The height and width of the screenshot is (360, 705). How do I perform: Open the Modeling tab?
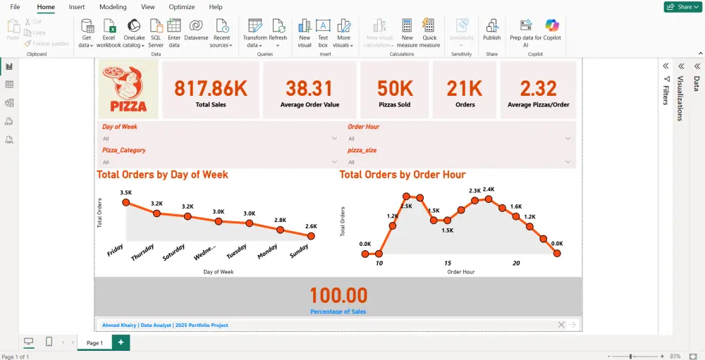coord(113,7)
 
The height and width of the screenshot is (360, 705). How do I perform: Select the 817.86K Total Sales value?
coord(211,88)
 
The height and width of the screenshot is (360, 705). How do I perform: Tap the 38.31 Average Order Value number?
coord(309,88)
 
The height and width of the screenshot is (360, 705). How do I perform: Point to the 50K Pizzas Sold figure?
coord(395,88)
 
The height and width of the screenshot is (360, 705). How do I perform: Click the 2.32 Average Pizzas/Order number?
coord(539,88)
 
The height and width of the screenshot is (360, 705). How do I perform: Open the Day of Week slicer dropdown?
coord(334,139)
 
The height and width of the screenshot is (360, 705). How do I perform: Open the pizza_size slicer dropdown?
coord(568,162)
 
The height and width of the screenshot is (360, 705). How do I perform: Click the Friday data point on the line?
coord(126,203)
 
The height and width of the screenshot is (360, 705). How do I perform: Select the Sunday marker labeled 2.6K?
coord(311,236)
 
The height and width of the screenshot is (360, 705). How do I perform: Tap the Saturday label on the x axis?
coord(173,252)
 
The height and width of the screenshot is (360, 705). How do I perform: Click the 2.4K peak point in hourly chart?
coord(489,199)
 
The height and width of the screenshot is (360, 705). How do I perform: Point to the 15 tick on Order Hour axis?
coord(448,263)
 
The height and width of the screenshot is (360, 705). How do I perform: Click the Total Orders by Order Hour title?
coord(403,174)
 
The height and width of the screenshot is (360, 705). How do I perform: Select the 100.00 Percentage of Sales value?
coord(338,294)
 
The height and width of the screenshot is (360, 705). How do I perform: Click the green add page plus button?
coord(121,342)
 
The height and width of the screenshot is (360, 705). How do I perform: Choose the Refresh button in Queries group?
coord(278,31)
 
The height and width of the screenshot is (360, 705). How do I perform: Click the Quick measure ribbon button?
coord(429,31)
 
